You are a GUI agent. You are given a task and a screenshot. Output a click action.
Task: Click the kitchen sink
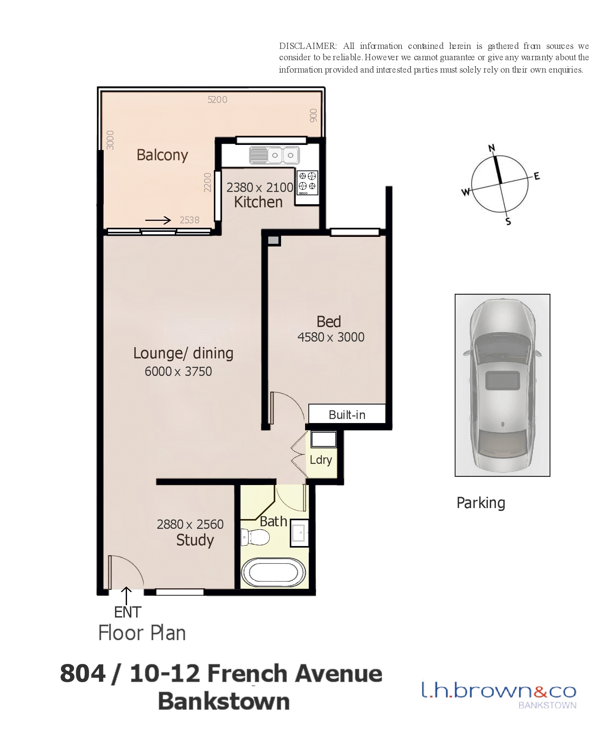coord(274,155)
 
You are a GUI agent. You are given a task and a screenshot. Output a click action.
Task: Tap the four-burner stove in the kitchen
coord(307,182)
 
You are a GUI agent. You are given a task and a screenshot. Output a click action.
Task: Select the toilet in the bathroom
coord(255,537)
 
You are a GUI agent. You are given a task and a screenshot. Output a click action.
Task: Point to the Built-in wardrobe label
coord(347,415)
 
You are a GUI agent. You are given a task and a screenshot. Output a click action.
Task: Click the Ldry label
coord(321,460)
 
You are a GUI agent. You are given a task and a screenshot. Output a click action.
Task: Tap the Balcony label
coord(162,155)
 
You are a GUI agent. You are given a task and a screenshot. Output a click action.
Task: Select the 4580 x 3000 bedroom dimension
coord(331,337)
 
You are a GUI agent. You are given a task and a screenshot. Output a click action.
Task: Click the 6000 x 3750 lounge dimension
coord(178,371)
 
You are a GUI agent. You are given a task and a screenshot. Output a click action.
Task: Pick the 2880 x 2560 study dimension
coord(190,524)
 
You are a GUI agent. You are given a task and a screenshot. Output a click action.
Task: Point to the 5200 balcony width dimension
coord(217,100)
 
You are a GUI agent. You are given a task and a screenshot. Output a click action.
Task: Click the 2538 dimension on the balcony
coord(189,220)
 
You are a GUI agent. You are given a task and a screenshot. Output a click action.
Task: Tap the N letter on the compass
coord(492,148)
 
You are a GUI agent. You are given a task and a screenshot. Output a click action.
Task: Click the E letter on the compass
coord(537,176)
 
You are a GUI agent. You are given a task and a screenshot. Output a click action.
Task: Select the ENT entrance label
coord(128,612)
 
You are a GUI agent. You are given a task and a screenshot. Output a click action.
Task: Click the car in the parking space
coord(502,385)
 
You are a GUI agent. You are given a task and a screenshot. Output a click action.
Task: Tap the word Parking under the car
coord(481,503)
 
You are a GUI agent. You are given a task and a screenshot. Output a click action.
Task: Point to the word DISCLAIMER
coord(308,46)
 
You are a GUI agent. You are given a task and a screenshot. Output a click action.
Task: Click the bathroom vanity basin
coord(299,533)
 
